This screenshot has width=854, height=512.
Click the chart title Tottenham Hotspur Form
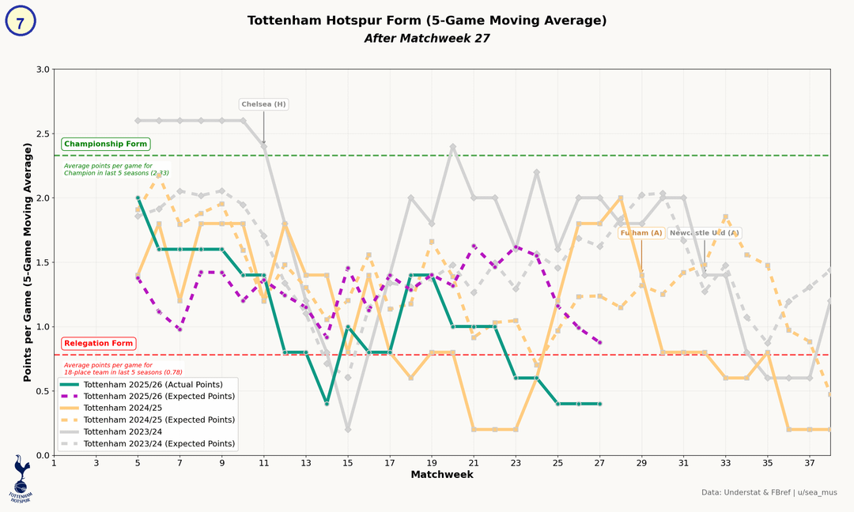[427, 21]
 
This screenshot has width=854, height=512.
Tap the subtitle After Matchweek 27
[427, 38]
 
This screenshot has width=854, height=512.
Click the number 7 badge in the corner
[21, 22]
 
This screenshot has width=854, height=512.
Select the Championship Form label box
[105, 145]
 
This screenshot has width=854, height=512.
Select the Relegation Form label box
[99, 344]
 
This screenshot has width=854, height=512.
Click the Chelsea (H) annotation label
[264, 104]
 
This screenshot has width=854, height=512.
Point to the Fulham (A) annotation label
[641, 233]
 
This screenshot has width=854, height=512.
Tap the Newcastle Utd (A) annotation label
[705, 233]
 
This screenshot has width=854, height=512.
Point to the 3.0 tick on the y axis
[43, 70]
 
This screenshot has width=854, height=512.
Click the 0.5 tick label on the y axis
[43, 391]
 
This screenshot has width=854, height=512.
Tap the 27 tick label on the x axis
[599, 463]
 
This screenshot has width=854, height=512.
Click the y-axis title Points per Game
[27, 262]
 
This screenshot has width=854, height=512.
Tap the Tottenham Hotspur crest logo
[21, 478]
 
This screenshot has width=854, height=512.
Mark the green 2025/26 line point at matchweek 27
[599, 404]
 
